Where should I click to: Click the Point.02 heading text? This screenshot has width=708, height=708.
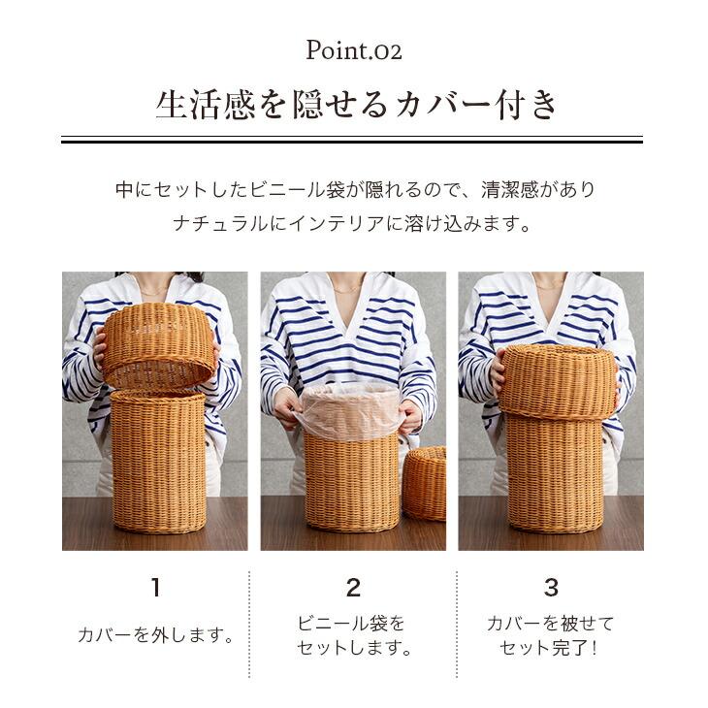pos(353,49)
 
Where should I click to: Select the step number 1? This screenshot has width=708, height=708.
pos(155,587)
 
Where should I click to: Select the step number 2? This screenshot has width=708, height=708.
pos(353,587)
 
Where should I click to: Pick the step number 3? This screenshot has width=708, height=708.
pos(551,587)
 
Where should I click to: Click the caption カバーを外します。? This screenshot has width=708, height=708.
pos(156,636)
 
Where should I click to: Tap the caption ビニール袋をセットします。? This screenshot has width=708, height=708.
pos(353,636)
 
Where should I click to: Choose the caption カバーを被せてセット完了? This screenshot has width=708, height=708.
pos(550,636)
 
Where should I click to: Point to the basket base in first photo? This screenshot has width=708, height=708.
pos(158,461)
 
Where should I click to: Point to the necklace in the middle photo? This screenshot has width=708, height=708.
pos(349,288)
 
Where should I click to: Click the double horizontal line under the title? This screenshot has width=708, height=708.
pos(353,140)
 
